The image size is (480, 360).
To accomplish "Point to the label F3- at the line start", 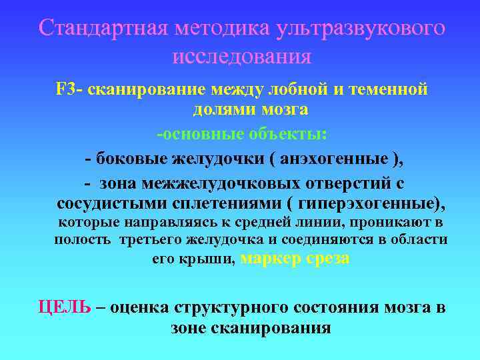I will (69, 89).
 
